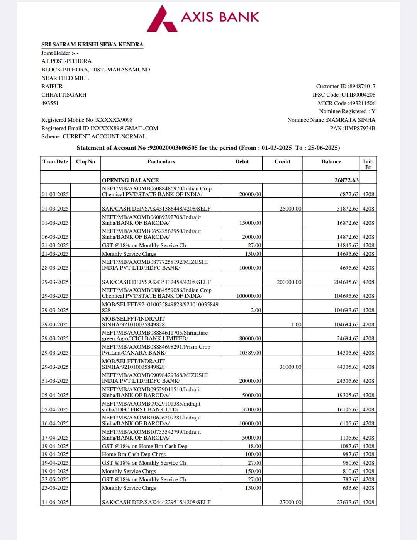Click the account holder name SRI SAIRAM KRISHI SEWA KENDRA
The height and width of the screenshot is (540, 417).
92,44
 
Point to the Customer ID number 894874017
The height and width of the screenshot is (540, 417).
362,86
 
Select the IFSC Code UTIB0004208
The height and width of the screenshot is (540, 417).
358,95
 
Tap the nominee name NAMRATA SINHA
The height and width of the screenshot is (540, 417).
351,120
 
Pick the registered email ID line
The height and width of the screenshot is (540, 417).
100,128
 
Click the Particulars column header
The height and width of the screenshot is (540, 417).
161,161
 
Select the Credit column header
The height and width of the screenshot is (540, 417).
282,161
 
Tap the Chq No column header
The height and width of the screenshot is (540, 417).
85,161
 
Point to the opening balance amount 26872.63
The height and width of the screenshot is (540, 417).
346,180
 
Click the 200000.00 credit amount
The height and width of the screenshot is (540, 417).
289,282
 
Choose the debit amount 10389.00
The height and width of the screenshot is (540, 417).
250,353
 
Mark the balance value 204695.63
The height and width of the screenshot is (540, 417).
346,282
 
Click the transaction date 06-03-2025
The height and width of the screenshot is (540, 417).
55,237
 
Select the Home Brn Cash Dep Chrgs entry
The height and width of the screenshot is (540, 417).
134,454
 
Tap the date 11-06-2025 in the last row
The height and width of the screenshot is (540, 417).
55,502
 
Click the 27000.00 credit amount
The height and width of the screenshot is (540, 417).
290,502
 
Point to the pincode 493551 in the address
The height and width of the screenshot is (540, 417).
50,103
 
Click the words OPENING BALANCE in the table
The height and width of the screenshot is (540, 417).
130,180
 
